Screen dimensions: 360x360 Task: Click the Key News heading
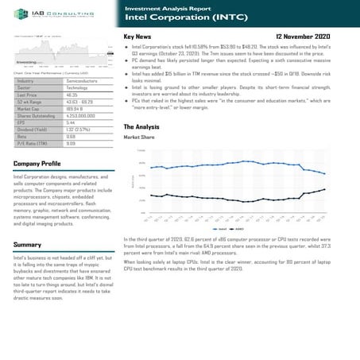[138, 37]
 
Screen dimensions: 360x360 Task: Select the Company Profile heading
[37, 163]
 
